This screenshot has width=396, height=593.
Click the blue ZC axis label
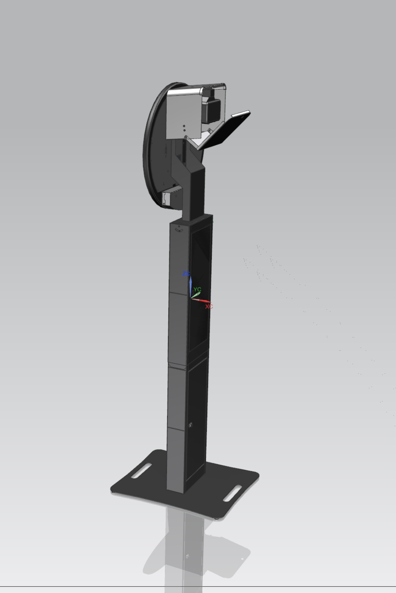(x=186, y=274)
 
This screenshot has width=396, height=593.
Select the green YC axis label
(x=197, y=289)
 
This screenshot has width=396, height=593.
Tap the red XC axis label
(x=209, y=306)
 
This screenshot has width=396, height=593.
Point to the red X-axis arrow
(x=201, y=301)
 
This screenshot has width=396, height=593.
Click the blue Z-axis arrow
(x=191, y=288)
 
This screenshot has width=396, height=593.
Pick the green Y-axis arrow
(x=196, y=295)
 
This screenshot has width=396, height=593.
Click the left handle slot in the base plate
(x=142, y=471)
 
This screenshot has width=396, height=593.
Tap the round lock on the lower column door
(x=191, y=425)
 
